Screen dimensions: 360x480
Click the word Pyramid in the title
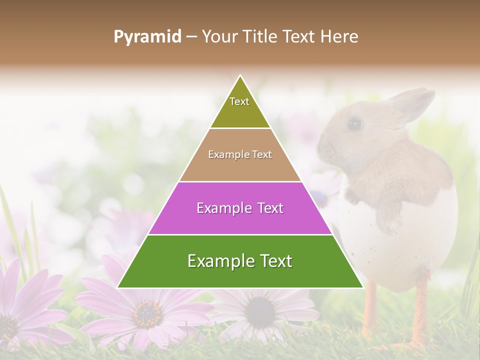pyautogui.click(x=147, y=37)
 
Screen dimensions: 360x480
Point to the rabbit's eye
pyautogui.click(x=354, y=123)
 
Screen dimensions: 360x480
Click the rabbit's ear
pyautogui.click(x=410, y=102)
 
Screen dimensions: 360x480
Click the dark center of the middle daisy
pyautogui.click(x=148, y=313)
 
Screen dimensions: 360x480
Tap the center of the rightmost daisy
pyautogui.click(x=260, y=311)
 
